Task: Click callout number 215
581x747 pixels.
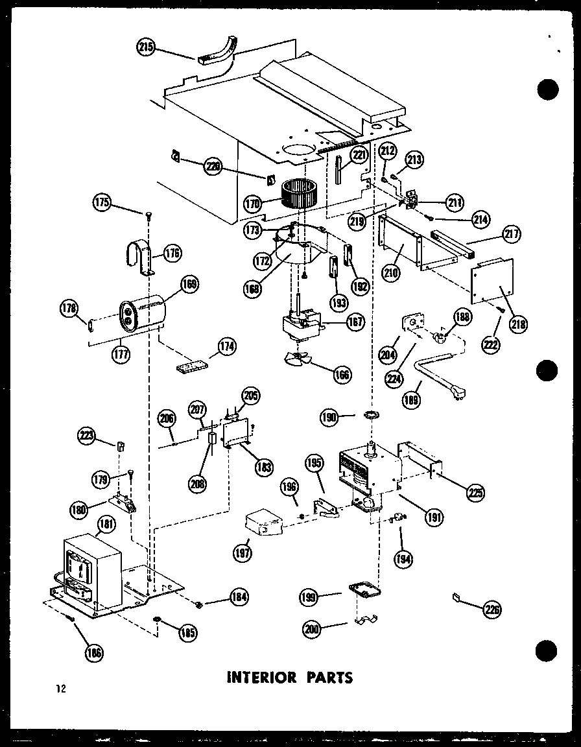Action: pyautogui.click(x=147, y=47)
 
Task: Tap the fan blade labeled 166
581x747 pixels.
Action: pyautogui.click(x=300, y=361)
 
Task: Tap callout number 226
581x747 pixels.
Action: pyautogui.click(x=492, y=609)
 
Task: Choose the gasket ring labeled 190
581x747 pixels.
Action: pyautogui.click(x=372, y=415)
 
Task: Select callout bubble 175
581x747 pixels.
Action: pyautogui.click(x=102, y=202)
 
